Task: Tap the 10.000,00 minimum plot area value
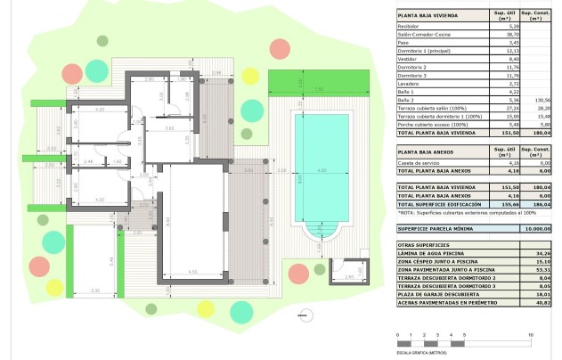point(532,229)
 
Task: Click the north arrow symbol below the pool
point(307,314)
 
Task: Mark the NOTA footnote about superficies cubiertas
point(454,214)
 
